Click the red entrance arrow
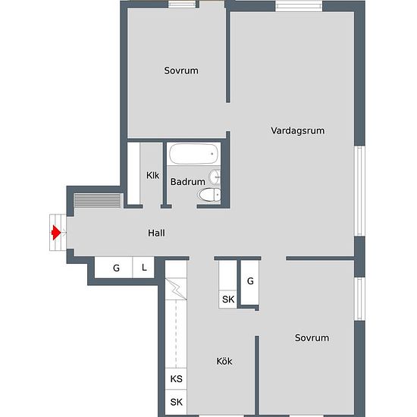pyautogui.click(x=56, y=233)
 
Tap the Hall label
pyautogui.click(x=156, y=233)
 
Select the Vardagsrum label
pyautogui.click(x=298, y=130)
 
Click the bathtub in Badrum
pyautogui.click(x=193, y=154)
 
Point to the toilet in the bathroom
pyautogui.click(x=209, y=195)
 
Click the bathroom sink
pyautogui.click(x=215, y=177)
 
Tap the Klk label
pyautogui.click(x=152, y=175)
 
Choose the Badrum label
pyautogui.click(x=188, y=182)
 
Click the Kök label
pyautogui.click(x=224, y=361)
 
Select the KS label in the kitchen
pyautogui.click(x=177, y=378)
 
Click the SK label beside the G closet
pyautogui.click(x=228, y=299)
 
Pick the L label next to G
pyautogui.click(x=144, y=268)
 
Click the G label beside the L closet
pyautogui.click(x=116, y=268)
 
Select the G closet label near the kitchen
pyautogui.click(x=250, y=281)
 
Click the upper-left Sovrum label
pyautogui.click(x=181, y=71)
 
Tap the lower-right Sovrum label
pyautogui.click(x=312, y=337)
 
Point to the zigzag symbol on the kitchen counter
pyautogui.click(x=176, y=289)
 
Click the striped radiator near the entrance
pyautogui.click(x=97, y=200)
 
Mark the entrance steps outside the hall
pyautogui.click(x=58, y=233)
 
